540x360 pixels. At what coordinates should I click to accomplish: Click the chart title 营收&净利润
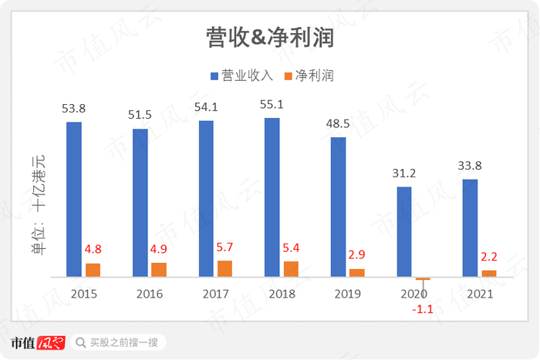[x=269, y=37]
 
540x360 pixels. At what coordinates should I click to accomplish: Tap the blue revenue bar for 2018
[x=272, y=197]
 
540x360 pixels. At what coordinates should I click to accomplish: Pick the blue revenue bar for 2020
[x=404, y=231]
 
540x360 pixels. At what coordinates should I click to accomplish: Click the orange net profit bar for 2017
[x=224, y=268]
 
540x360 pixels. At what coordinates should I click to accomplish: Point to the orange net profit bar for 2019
[x=356, y=272]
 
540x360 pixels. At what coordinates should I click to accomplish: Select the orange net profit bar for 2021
[x=489, y=273]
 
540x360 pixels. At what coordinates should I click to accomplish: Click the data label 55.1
[x=272, y=105]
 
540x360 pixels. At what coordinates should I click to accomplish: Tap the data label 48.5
[x=338, y=123]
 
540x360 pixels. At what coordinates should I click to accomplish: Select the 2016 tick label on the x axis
[x=150, y=294]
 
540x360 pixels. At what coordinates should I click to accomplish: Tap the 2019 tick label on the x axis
[x=348, y=294]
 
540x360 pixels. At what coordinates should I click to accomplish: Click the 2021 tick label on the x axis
[x=480, y=294]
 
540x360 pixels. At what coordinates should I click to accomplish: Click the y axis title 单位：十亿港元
[x=38, y=204]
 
